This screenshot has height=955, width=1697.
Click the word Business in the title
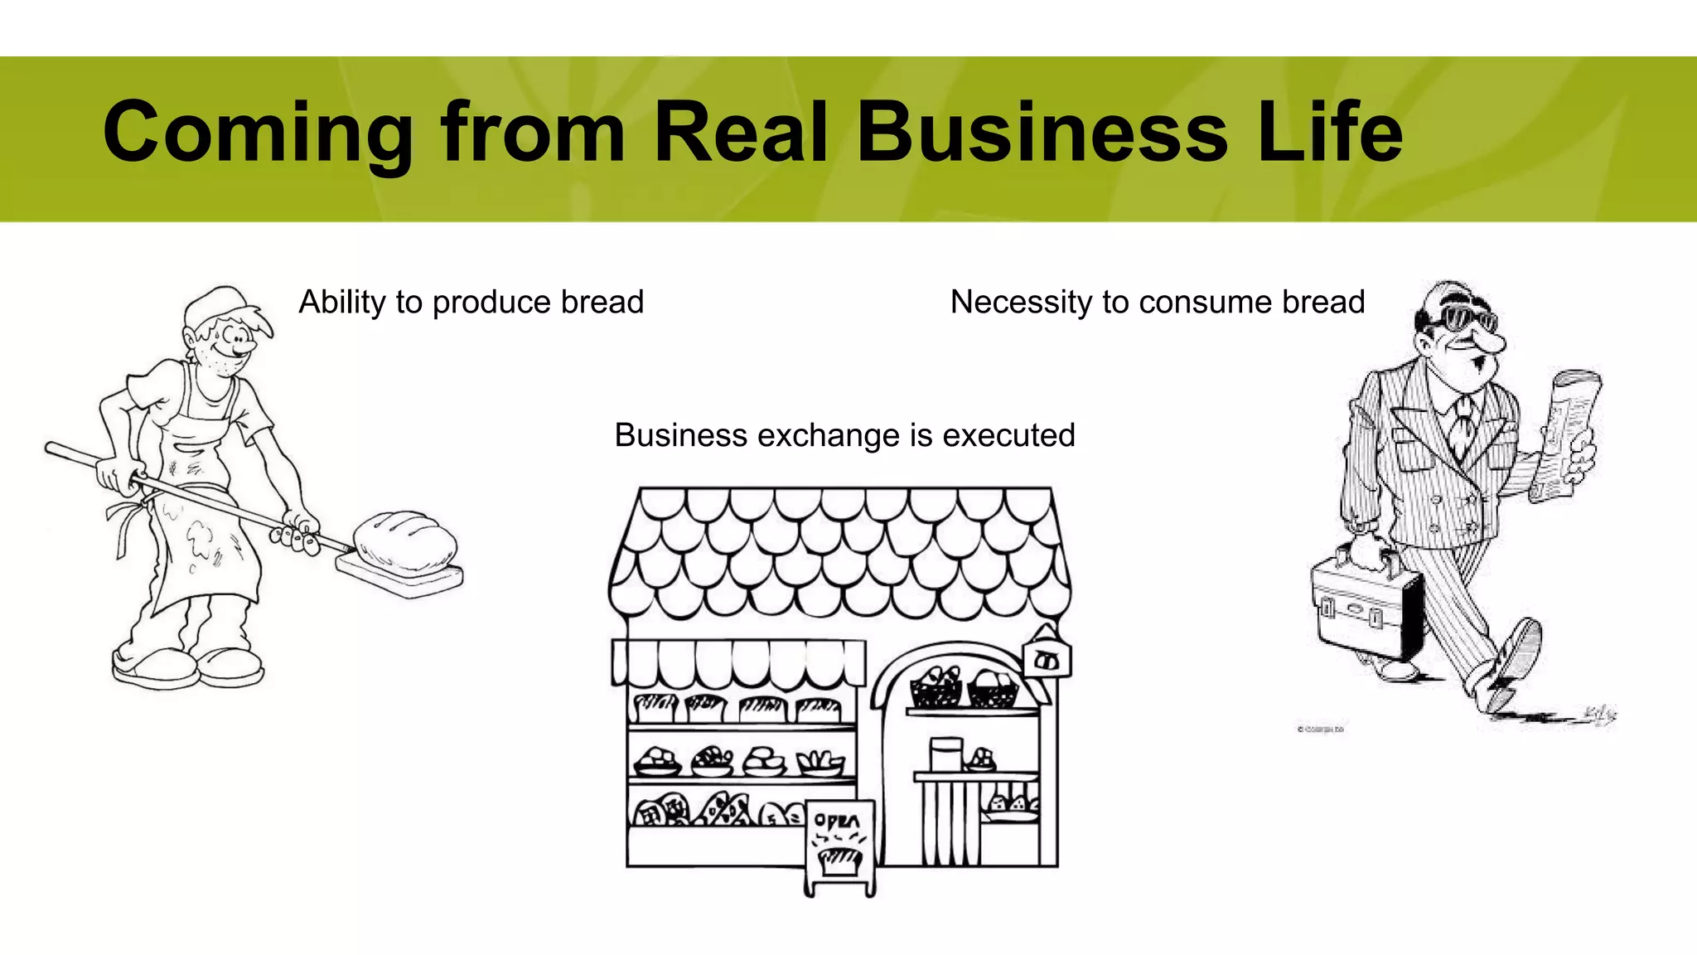(1042, 133)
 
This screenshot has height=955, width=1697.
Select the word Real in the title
(741, 133)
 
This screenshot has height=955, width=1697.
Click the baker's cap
(217, 305)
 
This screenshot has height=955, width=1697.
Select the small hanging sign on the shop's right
(1047, 660)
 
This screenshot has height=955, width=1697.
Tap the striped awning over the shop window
(737, 663)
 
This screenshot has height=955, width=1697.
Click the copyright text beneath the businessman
(1320, 730)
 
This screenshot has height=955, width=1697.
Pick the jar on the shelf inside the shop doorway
(945, 754)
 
